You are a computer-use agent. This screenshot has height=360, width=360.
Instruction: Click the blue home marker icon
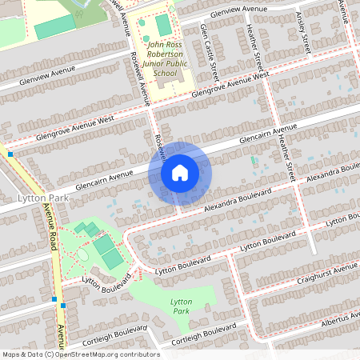pyautogui.click(x=180, y=172)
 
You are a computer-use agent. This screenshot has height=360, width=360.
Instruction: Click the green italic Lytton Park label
pyautogui.click(x=182, y=305)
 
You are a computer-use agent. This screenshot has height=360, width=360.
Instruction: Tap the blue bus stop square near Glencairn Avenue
pyautogui.click(x=10, y=153)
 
